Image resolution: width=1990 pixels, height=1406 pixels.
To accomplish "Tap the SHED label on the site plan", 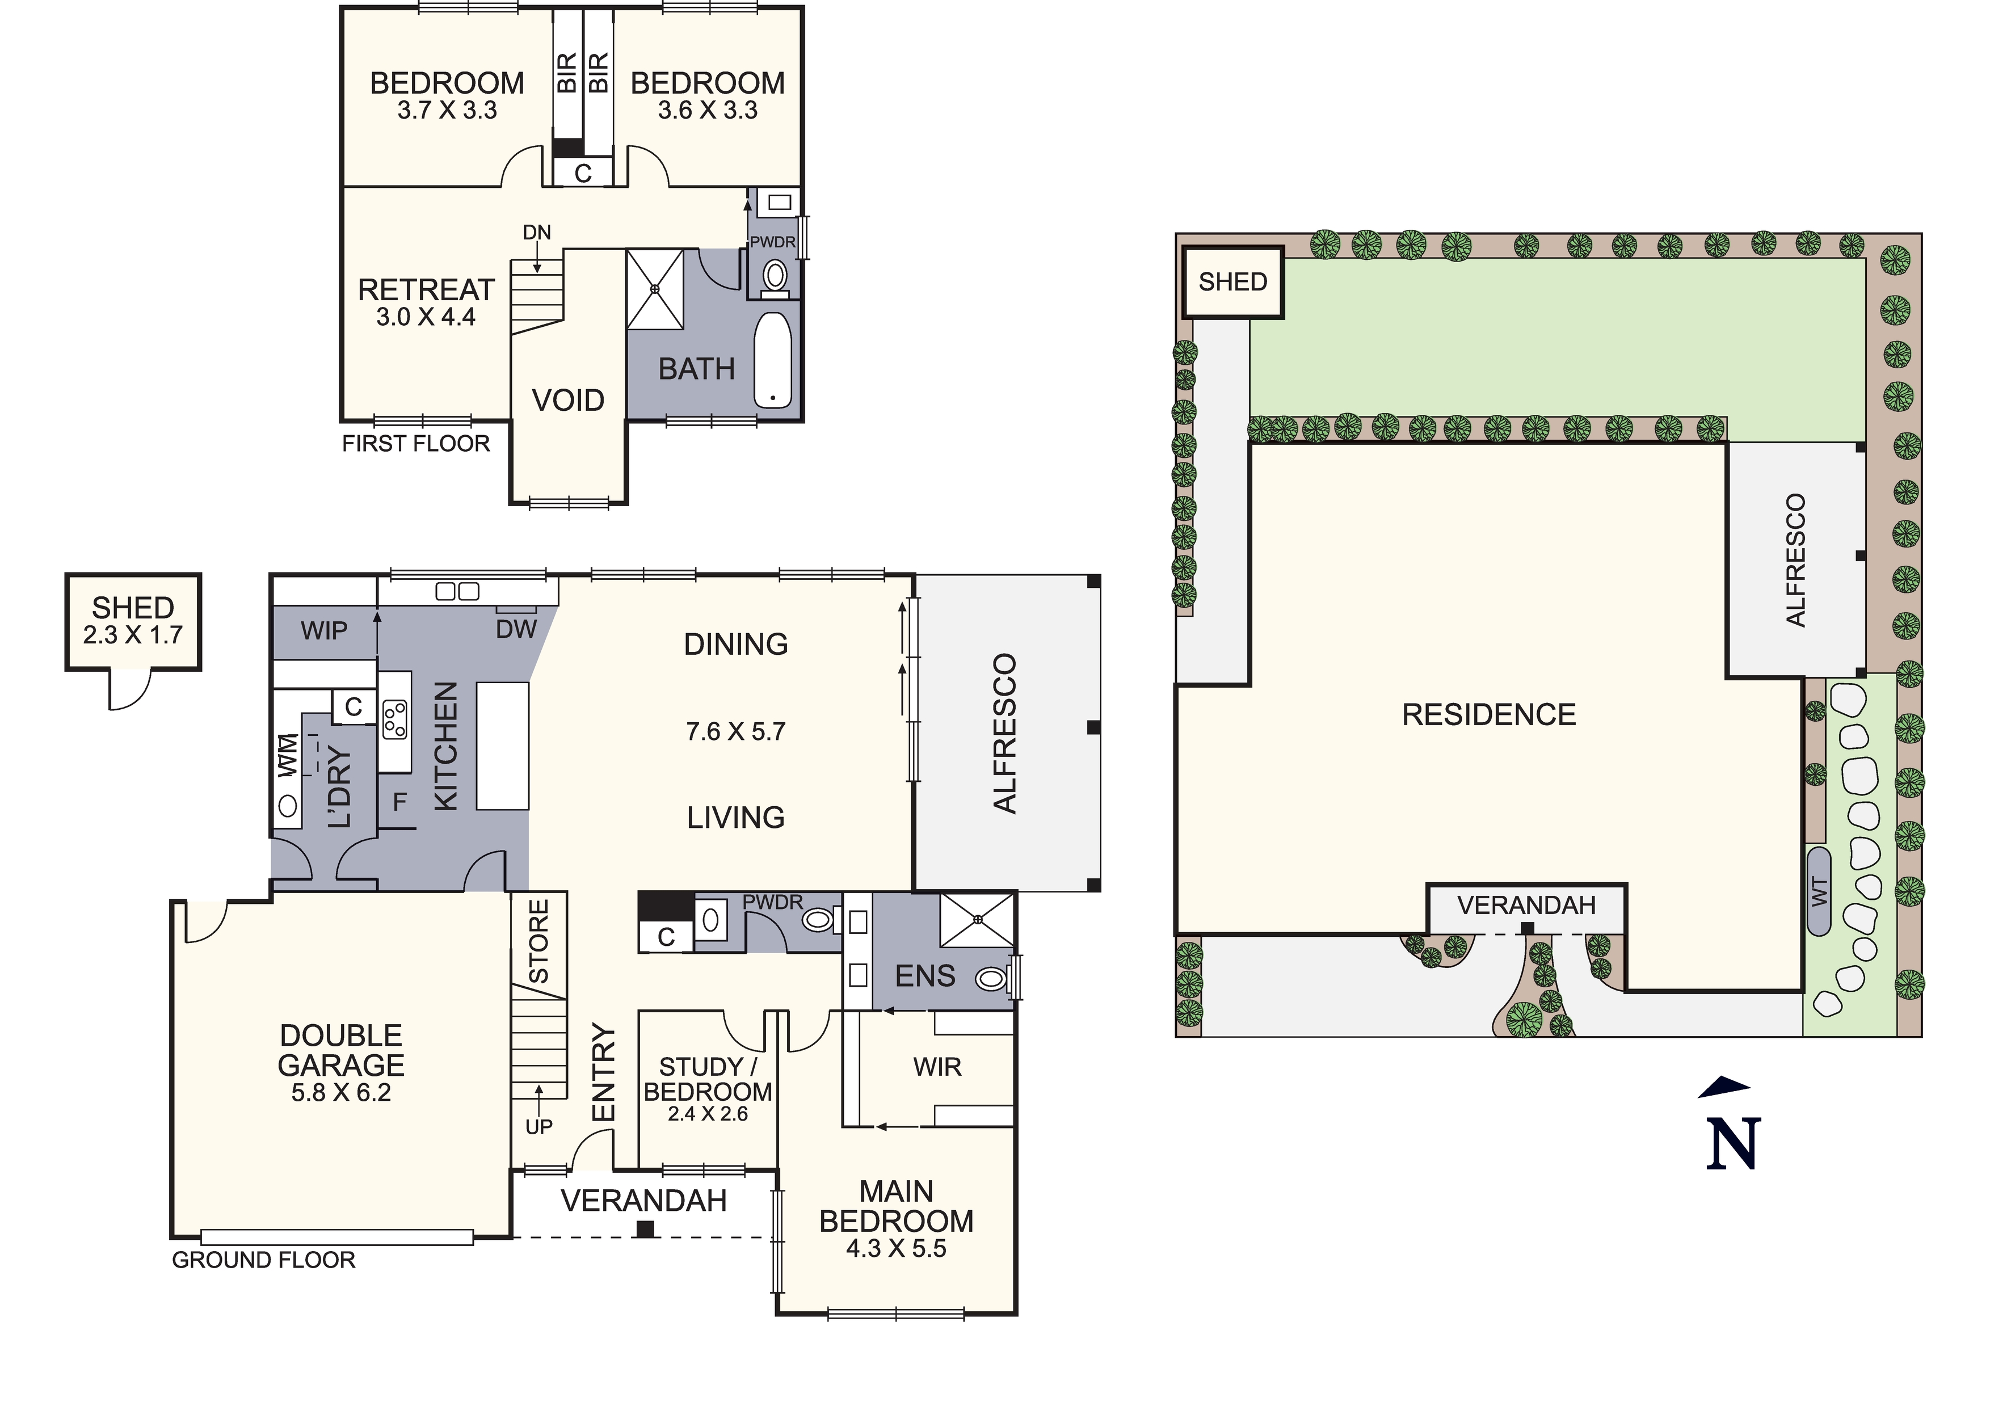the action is pyautogui.click(x=1232, y=282).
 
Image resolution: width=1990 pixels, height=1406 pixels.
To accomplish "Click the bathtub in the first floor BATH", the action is pyautogui.click(x=772, y=360).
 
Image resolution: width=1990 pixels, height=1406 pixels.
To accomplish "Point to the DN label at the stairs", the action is pyautogui.click(x=536, y=232).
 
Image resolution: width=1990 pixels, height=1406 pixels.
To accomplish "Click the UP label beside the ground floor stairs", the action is pyautogui.click(x=538, y=1127).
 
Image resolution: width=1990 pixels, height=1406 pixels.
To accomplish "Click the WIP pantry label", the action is pyautogui.click(x=324, y=631).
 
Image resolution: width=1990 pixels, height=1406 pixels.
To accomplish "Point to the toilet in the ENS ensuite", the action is pyautogui.click(x=992, y=979).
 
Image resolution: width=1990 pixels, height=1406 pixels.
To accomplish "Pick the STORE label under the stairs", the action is pyautogui.click(x=539, y=941).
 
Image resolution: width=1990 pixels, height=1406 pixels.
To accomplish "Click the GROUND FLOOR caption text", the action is pyautogui.click(x=263, y=1260).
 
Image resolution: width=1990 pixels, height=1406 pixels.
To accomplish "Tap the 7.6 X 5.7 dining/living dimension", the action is pyautogui.click(x=736, y=731).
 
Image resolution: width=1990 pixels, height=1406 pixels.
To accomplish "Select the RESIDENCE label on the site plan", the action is pyautogui.click(x=1489, y=715).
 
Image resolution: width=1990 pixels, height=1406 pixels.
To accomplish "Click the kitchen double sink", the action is pyautogui.click(x=457, y=591).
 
